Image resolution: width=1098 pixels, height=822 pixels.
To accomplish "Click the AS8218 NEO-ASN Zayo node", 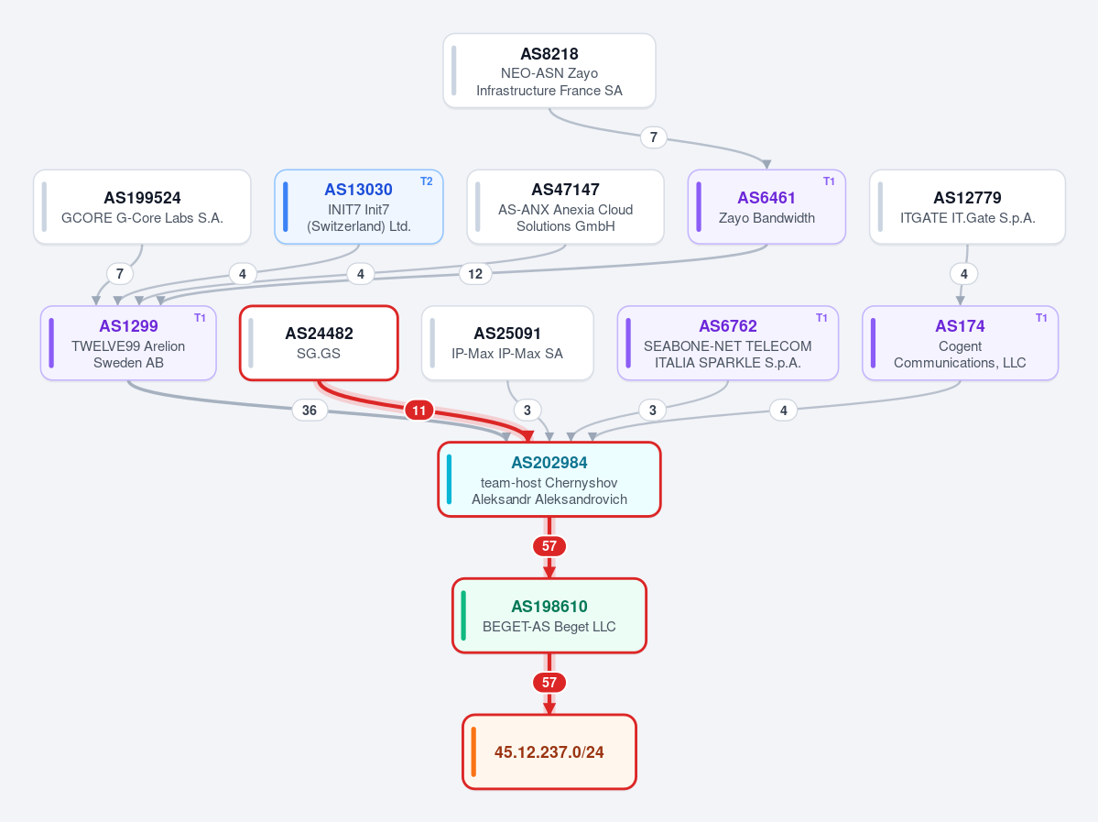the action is point(549,71).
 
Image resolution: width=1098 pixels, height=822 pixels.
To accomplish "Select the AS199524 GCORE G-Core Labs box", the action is point(142,207).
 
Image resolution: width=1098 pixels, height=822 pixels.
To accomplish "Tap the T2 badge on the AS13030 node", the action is point(427,181).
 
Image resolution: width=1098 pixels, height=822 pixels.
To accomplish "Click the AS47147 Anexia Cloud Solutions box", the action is point(565,207).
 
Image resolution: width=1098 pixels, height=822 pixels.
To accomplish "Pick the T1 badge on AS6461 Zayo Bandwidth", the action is point(829,181).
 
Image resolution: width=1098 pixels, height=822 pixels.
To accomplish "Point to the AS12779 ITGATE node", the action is point(967,207).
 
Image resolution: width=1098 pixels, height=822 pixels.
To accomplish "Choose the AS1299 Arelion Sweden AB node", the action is point(128,344).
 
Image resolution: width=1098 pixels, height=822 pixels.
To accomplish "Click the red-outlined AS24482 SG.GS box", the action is point(319,344).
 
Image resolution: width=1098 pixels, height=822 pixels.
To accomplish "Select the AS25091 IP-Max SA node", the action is point(507,344).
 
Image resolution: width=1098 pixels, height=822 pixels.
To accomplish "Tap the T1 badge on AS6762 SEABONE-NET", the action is point(822,318).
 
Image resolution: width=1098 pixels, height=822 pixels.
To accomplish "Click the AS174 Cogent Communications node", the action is point(960,344).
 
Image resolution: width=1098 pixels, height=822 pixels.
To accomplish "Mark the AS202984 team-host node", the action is point(549,479).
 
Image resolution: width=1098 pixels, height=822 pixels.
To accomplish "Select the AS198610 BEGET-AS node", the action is point(549,616).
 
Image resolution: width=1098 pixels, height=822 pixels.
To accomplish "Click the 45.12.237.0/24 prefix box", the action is point(549,752).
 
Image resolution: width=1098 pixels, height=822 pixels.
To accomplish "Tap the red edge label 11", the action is point(419,410).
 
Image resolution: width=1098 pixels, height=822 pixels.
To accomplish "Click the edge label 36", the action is point(310,410).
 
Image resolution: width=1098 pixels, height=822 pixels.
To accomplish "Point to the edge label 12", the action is point(475,274).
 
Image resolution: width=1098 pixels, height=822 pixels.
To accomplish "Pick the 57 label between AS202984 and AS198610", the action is point(549,546).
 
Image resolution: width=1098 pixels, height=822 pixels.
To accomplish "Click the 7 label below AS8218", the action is point(653,137).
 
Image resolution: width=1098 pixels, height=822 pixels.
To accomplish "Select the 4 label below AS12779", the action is point(964,274).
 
